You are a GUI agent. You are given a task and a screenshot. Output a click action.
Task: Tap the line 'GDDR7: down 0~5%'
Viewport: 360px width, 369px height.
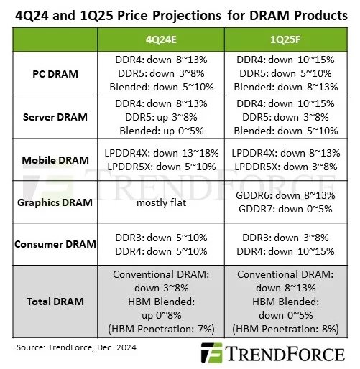point(277,210)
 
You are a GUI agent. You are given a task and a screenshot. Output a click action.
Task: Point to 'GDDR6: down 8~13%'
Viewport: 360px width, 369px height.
point(277,196)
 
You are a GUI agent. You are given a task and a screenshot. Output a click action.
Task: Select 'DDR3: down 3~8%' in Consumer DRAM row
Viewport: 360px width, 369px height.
point(277,238)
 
